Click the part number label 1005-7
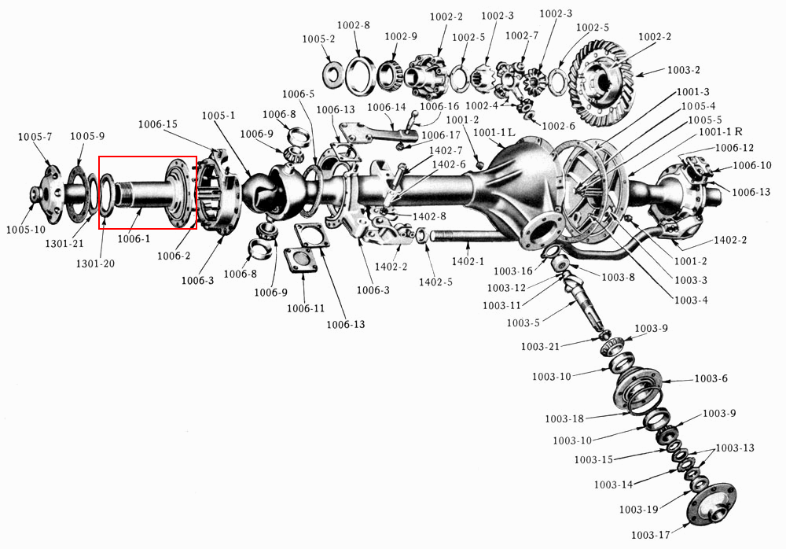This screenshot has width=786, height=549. point(35,138)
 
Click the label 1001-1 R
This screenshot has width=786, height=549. point(721,132)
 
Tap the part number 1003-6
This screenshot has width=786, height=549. point(711,379)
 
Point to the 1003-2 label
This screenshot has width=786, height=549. point(683,70)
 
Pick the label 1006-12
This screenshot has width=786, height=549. point(735,148)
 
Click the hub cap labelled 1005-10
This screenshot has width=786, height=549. point(40,194)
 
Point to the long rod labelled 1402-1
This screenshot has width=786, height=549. point(464,235)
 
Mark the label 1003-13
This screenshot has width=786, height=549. point(736,448)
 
